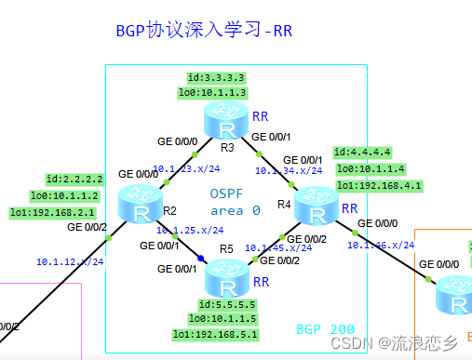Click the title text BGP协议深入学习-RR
coord(204,30)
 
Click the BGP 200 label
coord(325,330)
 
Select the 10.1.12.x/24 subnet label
coord(70,261)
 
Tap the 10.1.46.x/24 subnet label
coord(380,245)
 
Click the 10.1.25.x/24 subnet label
coord(190,229)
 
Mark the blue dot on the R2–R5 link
coord(198,258)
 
